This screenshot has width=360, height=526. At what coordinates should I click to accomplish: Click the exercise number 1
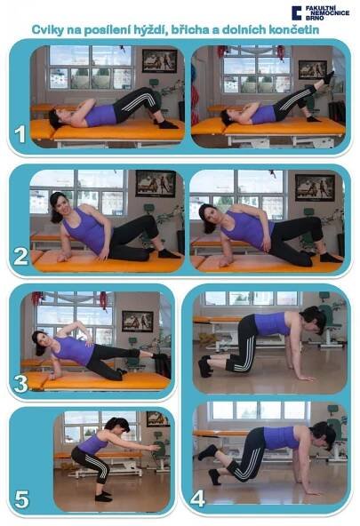click(x=20, y=134)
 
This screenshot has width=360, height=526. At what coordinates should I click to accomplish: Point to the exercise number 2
click(x=20, y=257)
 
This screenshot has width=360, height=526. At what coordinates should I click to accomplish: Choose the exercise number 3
click(x=20, y=384)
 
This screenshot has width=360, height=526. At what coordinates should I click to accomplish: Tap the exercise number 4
click(x=197, y=498)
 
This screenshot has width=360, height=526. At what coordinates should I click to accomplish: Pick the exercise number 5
click(x=21, y=499)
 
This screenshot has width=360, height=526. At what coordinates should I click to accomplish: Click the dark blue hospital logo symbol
click(x=297, y=13)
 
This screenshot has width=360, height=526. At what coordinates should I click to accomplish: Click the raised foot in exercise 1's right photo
click(x=328, y=77)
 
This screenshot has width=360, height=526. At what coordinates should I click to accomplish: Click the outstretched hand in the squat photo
click(x=155, y=447)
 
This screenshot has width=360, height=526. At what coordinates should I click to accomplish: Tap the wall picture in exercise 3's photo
click(x=138, y=321)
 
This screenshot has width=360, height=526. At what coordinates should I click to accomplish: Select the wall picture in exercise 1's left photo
click(x=159, y=60)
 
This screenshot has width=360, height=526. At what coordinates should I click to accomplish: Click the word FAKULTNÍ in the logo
click(x=320, y=8)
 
